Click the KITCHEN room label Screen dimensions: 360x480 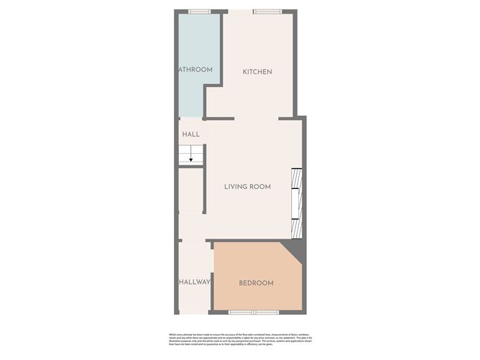(257, 72)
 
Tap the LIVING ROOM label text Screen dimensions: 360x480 (247, 187)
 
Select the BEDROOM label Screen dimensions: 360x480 (256, 283)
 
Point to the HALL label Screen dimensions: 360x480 (190, 134)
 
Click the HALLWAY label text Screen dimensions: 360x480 (194, 282)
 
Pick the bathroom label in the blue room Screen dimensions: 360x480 (195, 70)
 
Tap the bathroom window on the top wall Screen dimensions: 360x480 (199, 11)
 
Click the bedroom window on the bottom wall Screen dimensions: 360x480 (253, 313)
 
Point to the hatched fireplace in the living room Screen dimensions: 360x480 (295, 203)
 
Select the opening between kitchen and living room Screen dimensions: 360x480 (256, 119)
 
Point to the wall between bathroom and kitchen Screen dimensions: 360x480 (221, 50)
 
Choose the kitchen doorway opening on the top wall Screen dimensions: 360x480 (237, 11)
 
